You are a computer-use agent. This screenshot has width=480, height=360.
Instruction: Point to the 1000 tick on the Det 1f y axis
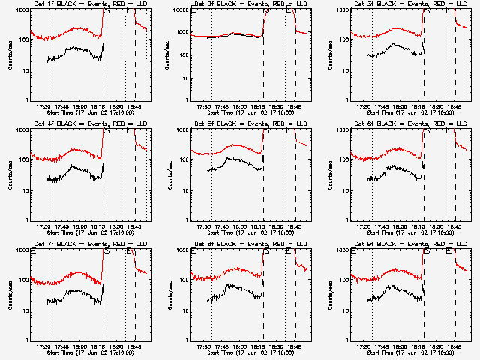pos(22,10)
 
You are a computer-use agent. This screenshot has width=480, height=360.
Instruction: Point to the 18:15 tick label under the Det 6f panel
pos(421,226)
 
